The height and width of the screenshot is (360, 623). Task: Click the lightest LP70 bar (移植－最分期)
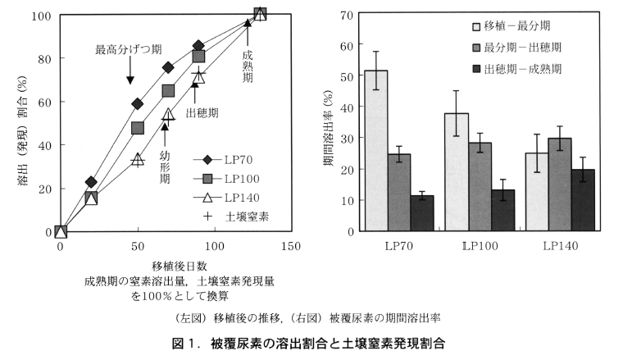click(376, 151)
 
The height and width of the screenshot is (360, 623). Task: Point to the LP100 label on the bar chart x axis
click(480, 246)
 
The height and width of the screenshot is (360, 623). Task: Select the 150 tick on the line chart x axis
click(291, 246)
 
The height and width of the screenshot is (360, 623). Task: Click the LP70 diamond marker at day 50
click(138, 104)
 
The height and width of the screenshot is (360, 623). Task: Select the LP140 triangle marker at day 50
click(138, 159)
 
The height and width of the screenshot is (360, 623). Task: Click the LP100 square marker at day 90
click(198, 56)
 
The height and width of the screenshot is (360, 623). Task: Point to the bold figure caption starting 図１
click(313, 342)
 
